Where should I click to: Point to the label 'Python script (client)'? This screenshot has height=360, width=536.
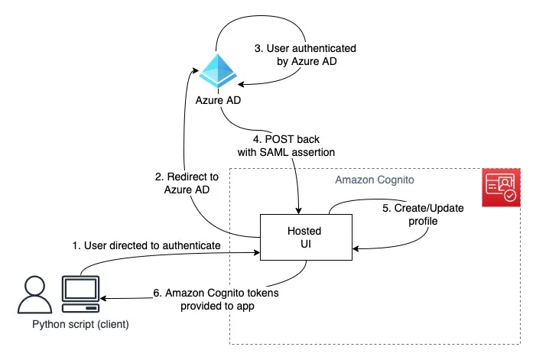click(x=80, y=325)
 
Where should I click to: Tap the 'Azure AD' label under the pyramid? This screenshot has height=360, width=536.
click(x=219, y=101)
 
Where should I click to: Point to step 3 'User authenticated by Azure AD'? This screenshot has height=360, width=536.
click(x=305, y=54)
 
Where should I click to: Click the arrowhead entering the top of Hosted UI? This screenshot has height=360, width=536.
click(x=299, y=210)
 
